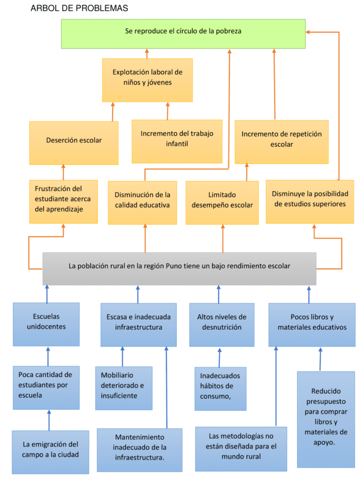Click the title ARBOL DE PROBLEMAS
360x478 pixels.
click(79, 8)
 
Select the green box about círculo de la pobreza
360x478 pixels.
click(183, 34)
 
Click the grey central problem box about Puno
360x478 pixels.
click(179, 268)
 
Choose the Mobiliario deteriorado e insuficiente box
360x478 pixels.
click(124, 388)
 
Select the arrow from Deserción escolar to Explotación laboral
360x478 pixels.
click(112, 112)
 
